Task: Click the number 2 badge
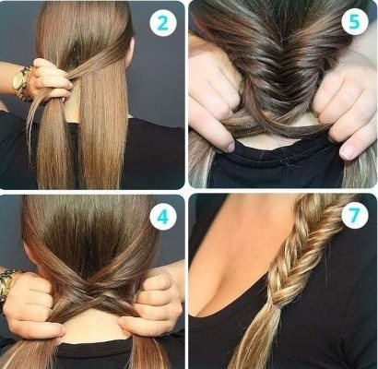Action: click(x=163, y=23)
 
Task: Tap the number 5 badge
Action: click(x=355, y=21)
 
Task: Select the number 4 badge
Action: click(x=163, y=217)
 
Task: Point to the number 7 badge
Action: click(x=355, y=215)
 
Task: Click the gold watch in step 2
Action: click(x=21, y=82)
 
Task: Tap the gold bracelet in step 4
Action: click(x=6, y=284)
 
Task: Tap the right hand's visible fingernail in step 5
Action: click(x=348, y=152)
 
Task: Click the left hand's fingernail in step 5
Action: click(x=230, y=148)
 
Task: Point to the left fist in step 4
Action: click(x=35, y=304)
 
